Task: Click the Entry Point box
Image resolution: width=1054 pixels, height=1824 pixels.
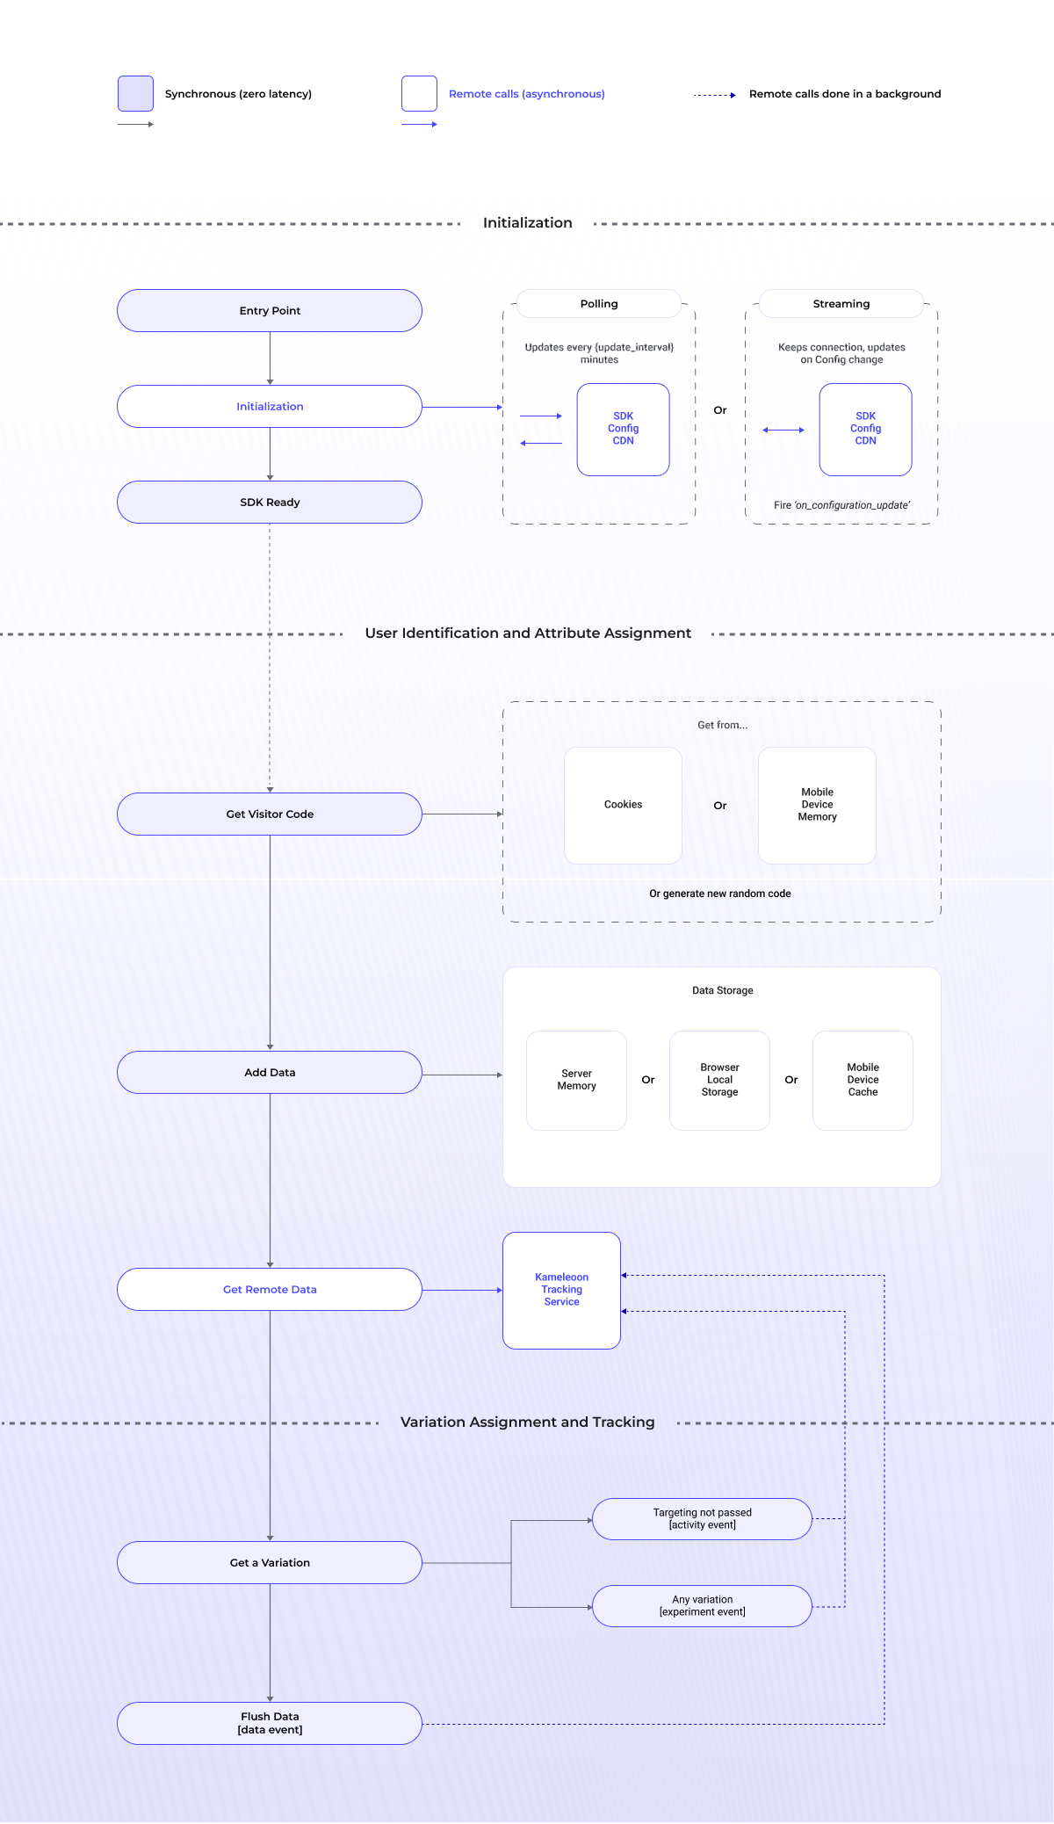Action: (270, 311)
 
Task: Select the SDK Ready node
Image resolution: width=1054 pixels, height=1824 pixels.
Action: (270, 503)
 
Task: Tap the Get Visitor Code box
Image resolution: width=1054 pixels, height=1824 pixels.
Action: (270, 814)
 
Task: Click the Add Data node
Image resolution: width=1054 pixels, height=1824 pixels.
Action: (270, 1073)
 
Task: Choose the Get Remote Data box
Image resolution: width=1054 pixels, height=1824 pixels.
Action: (270, 1290)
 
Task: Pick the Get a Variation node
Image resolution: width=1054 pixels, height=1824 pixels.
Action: (270, 1563)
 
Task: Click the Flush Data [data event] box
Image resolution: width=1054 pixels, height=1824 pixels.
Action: (270, 1723)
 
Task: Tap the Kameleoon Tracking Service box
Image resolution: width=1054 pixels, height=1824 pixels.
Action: (561, 1290)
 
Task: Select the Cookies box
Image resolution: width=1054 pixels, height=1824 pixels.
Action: (623, 805)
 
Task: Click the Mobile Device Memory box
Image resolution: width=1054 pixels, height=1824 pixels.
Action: (817, 805)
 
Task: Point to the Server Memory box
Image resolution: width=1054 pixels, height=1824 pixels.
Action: (576, 1080)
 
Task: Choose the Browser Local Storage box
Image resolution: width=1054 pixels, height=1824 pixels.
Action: (719, 1080)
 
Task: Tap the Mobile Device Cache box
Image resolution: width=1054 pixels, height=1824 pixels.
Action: (863, 1080)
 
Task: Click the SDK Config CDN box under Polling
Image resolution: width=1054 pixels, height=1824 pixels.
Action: (623, 429)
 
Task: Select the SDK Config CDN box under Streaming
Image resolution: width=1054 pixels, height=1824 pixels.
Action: (865, 429)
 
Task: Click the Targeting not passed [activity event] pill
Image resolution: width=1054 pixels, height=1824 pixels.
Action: (702, 1519)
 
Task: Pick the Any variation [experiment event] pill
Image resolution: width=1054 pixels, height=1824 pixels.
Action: (702, 1606)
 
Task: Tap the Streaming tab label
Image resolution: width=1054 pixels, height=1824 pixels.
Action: (841, 304)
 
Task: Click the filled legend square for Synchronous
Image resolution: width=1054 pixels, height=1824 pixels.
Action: (136, 94)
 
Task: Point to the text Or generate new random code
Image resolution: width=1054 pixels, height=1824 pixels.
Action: (719, 894)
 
